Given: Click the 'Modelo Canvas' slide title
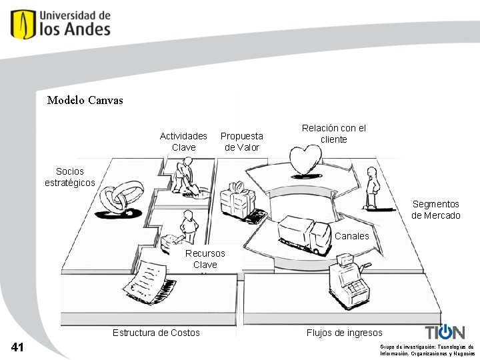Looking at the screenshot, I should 85,101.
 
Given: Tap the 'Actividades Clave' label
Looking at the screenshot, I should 183,141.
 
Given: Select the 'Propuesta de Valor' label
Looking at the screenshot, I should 242,141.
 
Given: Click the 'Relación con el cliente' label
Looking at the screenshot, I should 334,133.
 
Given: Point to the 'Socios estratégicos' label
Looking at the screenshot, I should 70,177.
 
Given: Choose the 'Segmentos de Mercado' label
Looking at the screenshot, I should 436,209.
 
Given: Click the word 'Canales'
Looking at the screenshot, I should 351,236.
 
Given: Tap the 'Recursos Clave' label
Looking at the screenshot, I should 205,259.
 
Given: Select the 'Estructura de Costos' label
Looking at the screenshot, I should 156,333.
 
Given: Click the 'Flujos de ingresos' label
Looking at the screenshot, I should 345,333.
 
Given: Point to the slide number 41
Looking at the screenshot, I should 18,347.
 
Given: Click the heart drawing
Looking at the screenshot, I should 305,161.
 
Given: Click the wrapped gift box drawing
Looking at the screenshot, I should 238,199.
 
